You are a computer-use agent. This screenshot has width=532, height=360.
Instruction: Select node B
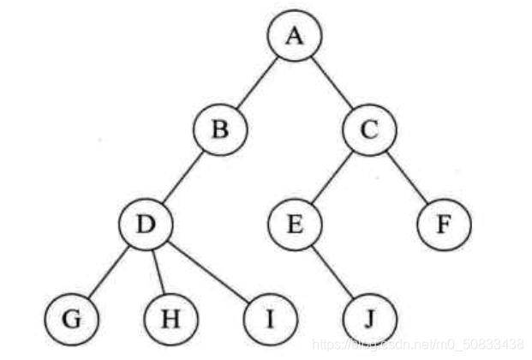220,131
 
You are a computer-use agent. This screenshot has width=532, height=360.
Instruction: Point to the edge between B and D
183,177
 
